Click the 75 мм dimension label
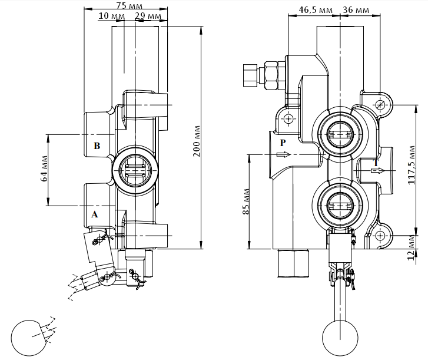click(x=129, y=5)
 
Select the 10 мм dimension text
click(x=111, y=16)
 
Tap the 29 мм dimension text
click(x=148, y=16)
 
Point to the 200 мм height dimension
click(x=197, y=141)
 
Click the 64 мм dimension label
click(x=44, y=169)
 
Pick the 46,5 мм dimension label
click(x=316, y=10)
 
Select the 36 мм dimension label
click(x=356, y=10)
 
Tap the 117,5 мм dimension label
click(x=412, y=165)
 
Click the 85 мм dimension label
click(x=246, y=202)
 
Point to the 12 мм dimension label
click(x=412, y=248)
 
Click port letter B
click(x=97, y=146)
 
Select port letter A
click(x=94, y=214)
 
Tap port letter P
click(x=283, y=143)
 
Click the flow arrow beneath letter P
click(x=283, y=154)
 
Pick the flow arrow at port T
click(x=377, y=171)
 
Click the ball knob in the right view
click(x=340, y=338)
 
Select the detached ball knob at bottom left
click(x=29, y=338)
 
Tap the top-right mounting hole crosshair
click(x=380, y=105)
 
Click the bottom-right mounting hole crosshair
click(x=380, y=236)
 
